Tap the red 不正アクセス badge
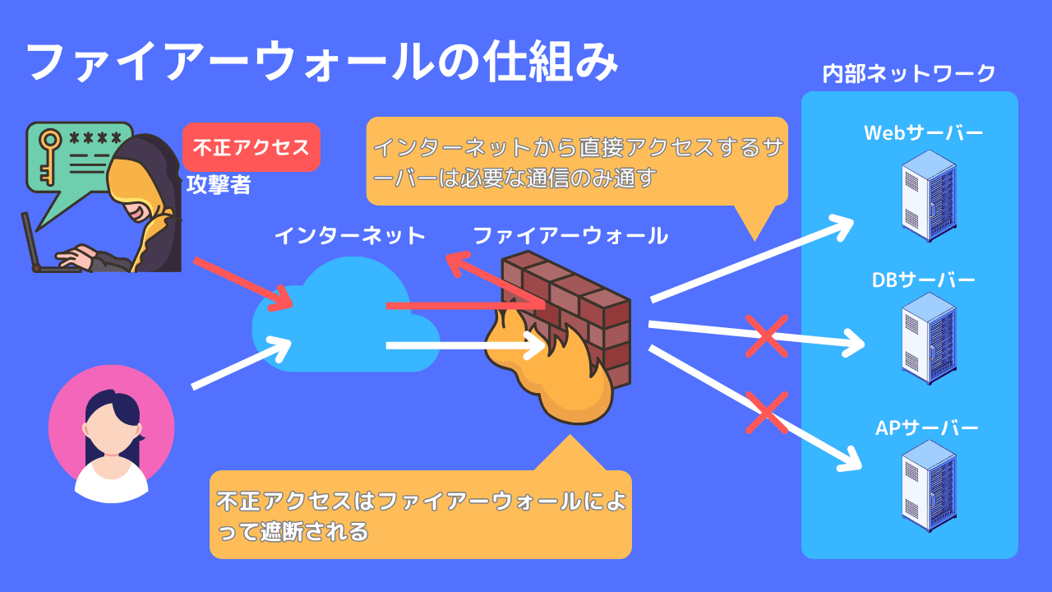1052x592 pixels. tap(251, 147)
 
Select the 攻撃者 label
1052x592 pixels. tap(218, 185)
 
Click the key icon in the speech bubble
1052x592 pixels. tap(49, 155)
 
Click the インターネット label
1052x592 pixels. tap(349, 237)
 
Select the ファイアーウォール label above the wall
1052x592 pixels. tap(570, 237)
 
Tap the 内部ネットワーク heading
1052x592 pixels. tap(909, 74)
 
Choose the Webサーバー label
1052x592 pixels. tap(923, 133)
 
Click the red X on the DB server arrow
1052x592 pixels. tap(766, 336)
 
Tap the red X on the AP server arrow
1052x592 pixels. tap(766, 411)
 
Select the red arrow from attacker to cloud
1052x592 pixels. tap(243, 284)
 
